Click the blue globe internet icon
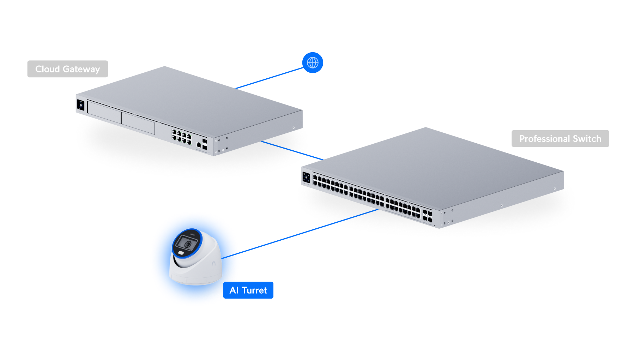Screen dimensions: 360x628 (313, 63)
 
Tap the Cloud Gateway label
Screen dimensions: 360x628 (67, 69)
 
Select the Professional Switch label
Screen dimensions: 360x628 (560, 139)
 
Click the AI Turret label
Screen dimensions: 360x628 (248, 290)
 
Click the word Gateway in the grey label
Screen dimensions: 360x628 (81, 69)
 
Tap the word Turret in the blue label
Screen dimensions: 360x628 (254, 290)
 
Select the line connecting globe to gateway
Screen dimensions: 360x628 (270, 78)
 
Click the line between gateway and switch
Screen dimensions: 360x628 (292, 150)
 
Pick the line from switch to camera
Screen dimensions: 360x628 (300, 234)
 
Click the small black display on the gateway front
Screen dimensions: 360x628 (80, 105)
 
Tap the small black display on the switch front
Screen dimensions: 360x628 (306, 177)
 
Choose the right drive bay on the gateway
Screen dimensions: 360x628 (138, 123)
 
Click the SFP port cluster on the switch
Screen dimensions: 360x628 (427, 216)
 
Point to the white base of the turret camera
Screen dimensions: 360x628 (198, 275)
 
